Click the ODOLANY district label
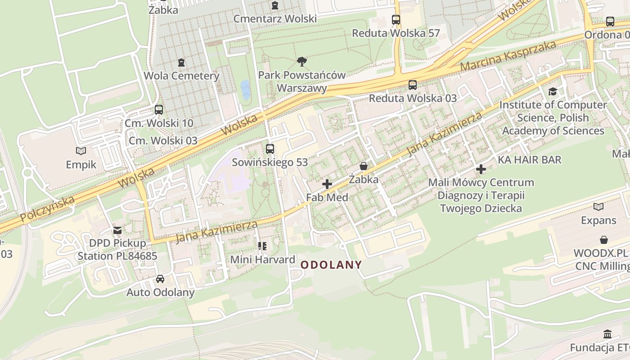[331, 265]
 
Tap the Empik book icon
[81, 151]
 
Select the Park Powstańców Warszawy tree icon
[301, 62]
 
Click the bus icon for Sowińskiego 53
[270, 148]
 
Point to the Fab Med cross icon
[327, 184]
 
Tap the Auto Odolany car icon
[160, 279]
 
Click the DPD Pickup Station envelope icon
[117, 230]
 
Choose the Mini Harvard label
[263, 260]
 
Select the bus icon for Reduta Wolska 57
[396, 20]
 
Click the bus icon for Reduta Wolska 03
[413, 85]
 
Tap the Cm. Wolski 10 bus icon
[159, 110]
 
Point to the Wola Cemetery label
[181, 76]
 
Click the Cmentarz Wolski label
[275, 19]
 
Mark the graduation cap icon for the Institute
[553, 92]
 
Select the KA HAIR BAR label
[530, 160]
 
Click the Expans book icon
[598, 207]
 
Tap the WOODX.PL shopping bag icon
[604, 240]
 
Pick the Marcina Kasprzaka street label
[508, 57]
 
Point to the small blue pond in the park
[245, 90]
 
